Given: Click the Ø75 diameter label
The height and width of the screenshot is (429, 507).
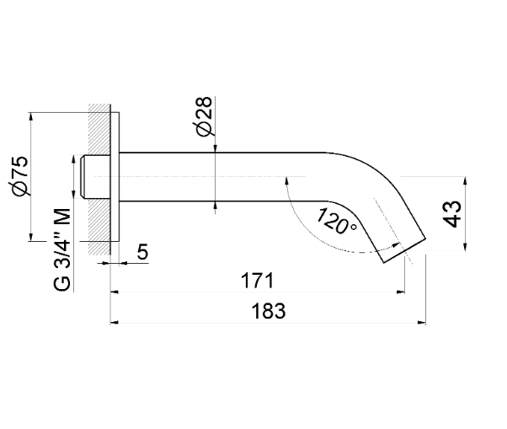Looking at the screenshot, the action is (x=19, y=175).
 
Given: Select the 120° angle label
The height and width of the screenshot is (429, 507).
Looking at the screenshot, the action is (x=336, y=221).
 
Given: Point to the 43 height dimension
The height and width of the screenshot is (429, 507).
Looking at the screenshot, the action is (x=453, y=214).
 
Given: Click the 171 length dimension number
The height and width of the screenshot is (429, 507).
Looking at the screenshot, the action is (x=258, y=281).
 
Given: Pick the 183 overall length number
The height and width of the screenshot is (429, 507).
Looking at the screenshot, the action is (x=269, y=311).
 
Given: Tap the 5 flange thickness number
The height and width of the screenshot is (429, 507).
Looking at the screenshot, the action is (x=142, y=251).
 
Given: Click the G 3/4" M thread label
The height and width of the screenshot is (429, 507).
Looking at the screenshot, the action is (x=61, y=249).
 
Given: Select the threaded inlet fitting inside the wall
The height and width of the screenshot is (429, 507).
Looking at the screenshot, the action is (x=96, y=177).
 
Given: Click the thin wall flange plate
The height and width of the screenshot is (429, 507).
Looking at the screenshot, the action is (x=115, y=177).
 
